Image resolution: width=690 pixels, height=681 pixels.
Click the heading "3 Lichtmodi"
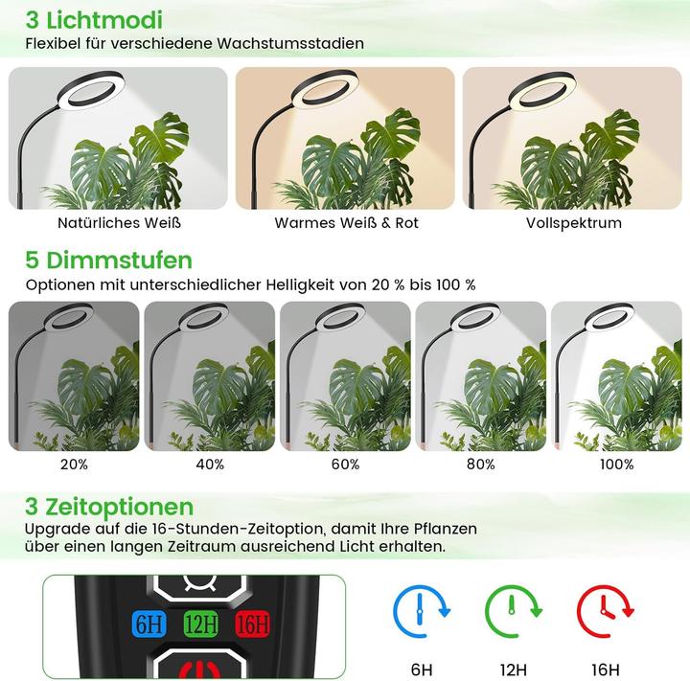tap(94, 19)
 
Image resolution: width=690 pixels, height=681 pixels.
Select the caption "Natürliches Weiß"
tap(119, 222)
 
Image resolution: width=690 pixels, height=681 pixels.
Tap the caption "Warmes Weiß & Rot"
tap(346, 222)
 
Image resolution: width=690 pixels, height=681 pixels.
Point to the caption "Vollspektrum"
tap(573, 222)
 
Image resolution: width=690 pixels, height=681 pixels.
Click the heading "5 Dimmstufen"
tap(108, 260)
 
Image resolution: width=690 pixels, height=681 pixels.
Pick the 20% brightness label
tap(73, 464)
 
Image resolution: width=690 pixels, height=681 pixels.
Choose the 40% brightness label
tap(209, 464)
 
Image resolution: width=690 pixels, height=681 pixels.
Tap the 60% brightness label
tap(345, 464)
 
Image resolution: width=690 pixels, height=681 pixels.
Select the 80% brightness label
tap(480, 464)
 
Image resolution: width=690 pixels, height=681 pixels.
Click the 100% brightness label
tap(616, 464)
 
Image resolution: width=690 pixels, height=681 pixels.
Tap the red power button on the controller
tap(201, 667)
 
